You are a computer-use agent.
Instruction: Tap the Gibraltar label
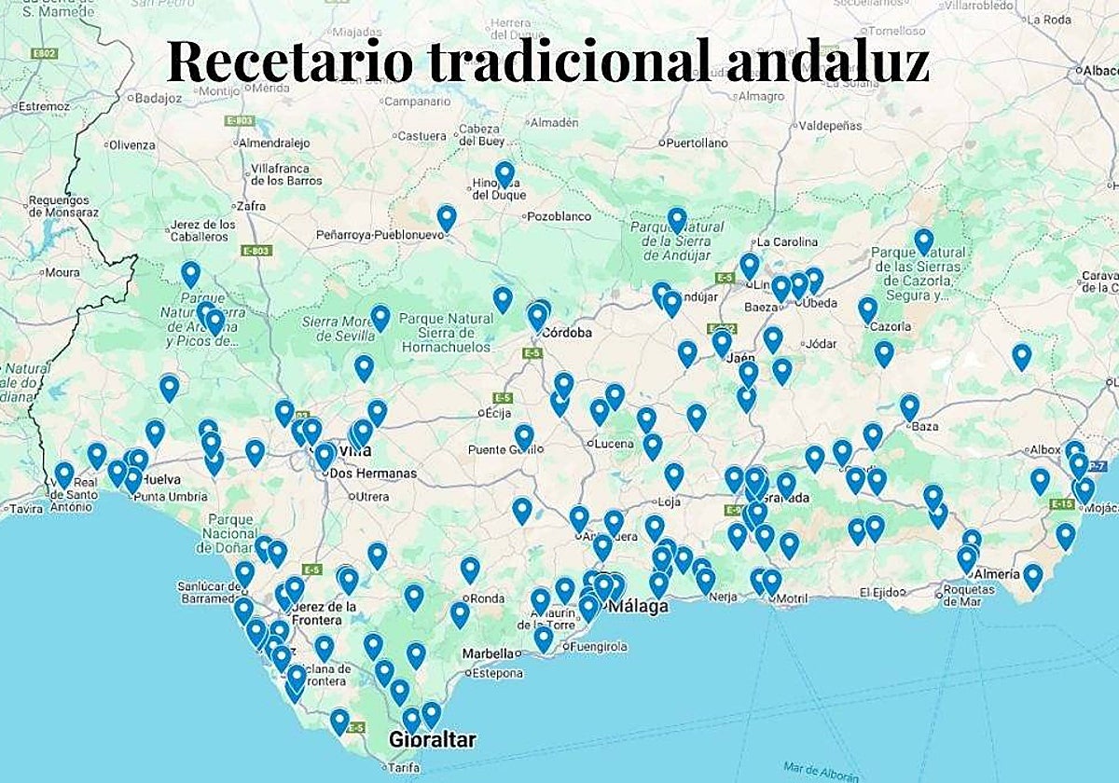tap(434, 741)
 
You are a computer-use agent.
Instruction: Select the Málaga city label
tap(639, 607)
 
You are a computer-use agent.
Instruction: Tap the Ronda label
tap(489, 598)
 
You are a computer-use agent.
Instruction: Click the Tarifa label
tap(402, 767)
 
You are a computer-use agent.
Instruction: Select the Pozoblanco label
tap(559, 216)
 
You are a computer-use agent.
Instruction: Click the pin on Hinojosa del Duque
tap(504, 173)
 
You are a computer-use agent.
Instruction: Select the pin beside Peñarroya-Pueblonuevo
tap(447, 217)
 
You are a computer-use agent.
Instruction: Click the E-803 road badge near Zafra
tap(256, 251)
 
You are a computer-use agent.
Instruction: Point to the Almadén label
tap(554, 122)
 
